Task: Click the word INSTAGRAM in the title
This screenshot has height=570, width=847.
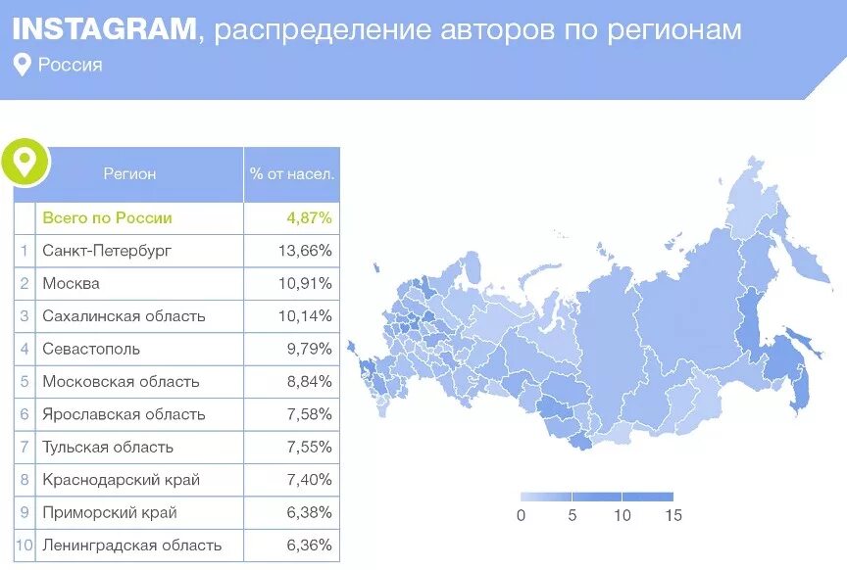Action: pyautogui.click(x=104, y=29)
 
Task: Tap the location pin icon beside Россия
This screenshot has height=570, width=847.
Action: pyautogui.click(x=22, y=66)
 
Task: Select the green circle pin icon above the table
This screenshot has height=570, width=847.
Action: pyautogui.click(x=25, y=161)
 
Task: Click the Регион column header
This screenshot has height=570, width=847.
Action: pyautogui.click(x=129, y=174)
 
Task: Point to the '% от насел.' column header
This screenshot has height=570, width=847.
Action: pyautogui.click(x=291, y=174)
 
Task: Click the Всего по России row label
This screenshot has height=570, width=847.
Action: pyautogui.click(x=107, y=218)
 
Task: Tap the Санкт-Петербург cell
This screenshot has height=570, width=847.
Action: pyautogui.click(x=107, y=251)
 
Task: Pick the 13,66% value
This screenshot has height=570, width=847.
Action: pyautogui.click(x=305, y=251)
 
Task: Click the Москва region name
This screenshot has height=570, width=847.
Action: pyautogui.click(x=71, y=284)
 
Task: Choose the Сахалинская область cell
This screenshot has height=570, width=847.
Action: pyautogui.click(x=124, y=316)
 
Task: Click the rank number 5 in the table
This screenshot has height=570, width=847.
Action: pyautogui.click(x=25, y=382)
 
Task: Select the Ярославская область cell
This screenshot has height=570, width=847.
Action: pyautogui.click(x=124, y=414)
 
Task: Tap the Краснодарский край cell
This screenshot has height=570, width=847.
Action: pyautogui.click(x=121, y=480)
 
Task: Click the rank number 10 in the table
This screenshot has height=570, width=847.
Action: pyautogui.click(x=25, y=546)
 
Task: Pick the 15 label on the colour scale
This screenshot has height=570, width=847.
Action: pyautogui.click(x=672, y=515)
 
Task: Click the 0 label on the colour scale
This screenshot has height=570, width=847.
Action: pyautogui.click(x=521, y=515)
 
